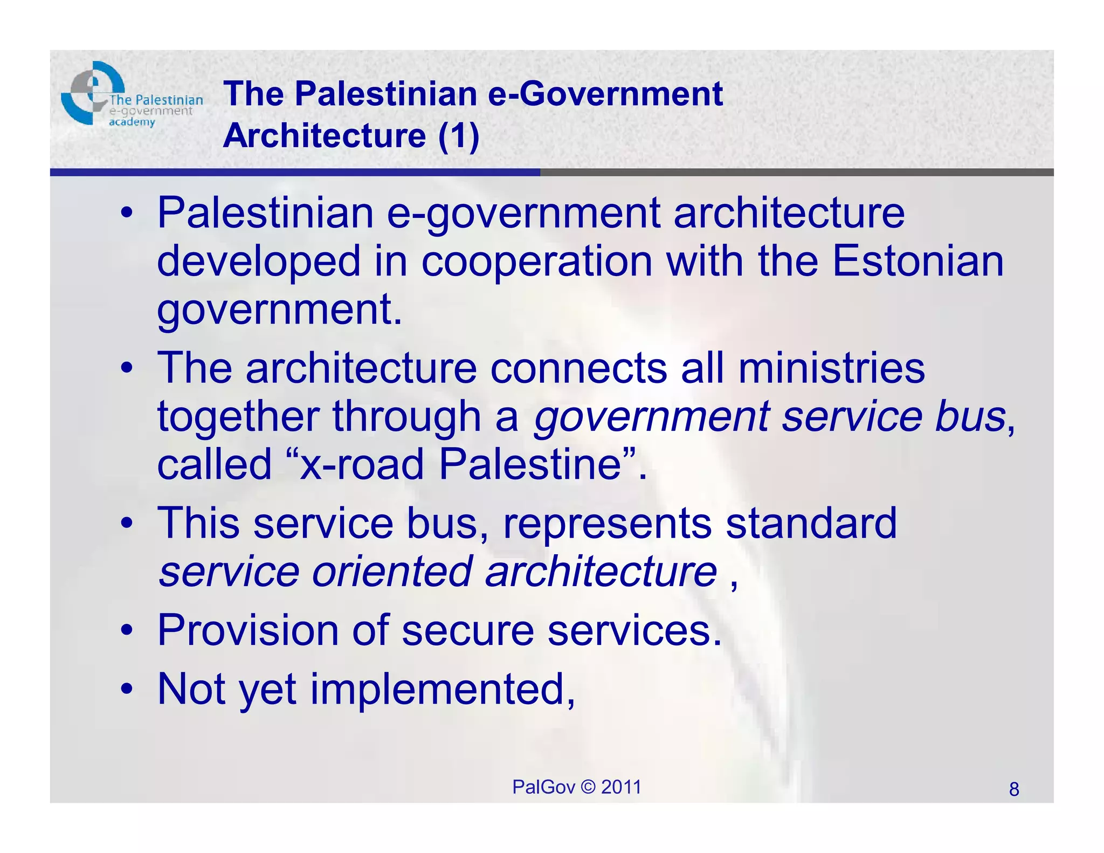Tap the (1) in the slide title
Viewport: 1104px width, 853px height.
(x=459, y=135)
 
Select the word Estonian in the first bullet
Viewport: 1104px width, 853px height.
(x=918, y=262)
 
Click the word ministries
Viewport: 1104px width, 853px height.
(x=831, y=368)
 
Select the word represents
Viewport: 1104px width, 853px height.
(x=608, y=524)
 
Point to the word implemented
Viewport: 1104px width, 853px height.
(x=437, y=690)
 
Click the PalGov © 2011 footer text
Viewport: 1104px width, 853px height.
(x=576, y=787)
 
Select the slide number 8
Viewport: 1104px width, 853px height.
(x=1014, y=789)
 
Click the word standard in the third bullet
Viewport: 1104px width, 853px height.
(x=811, y=522)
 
